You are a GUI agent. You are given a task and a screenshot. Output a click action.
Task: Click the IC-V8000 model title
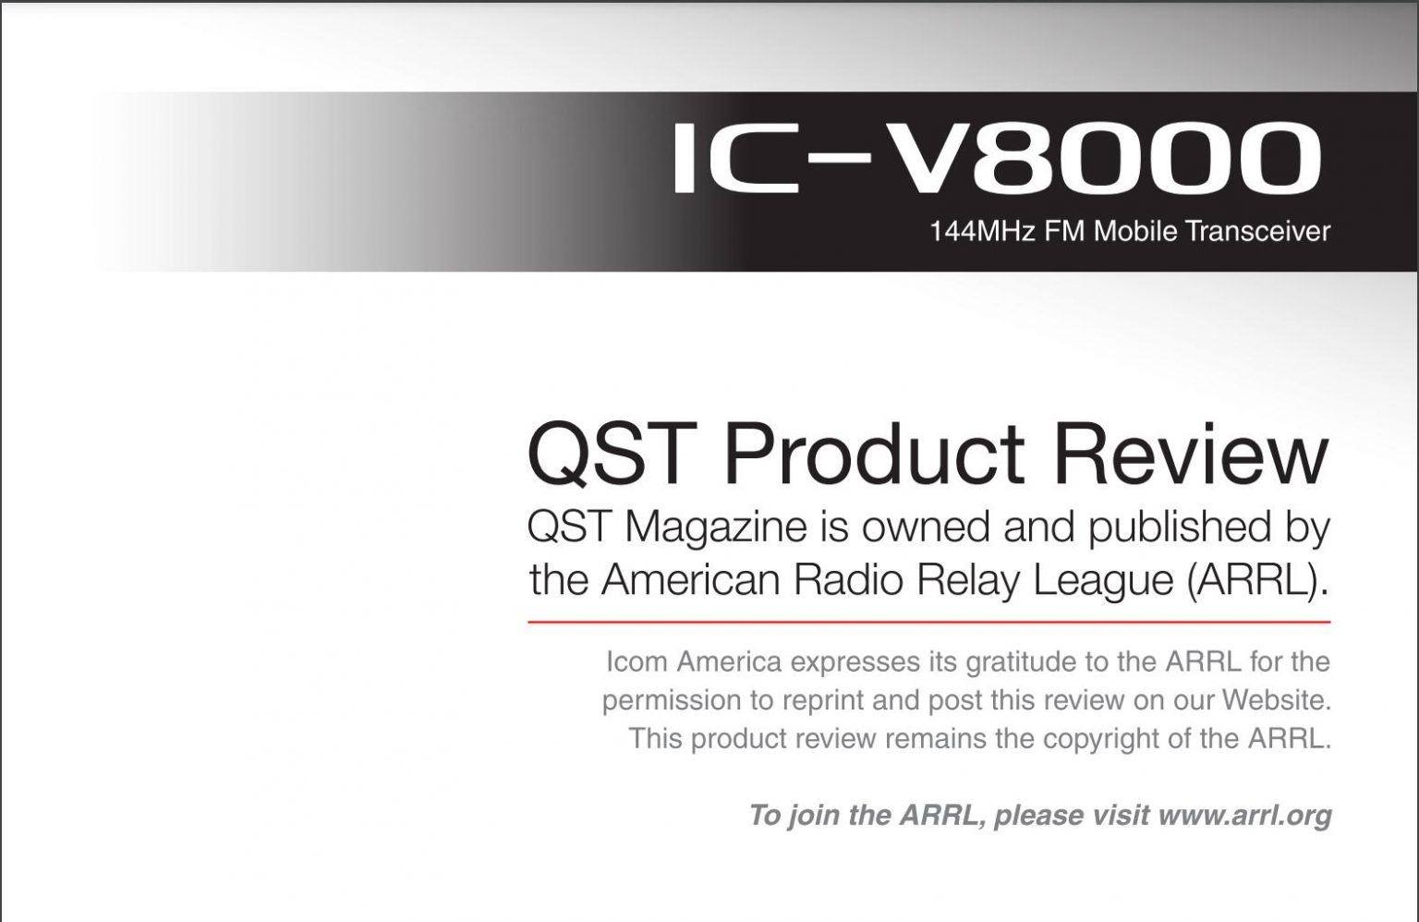coord(997,158)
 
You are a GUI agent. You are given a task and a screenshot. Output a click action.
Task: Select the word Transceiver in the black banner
coord(1257,231)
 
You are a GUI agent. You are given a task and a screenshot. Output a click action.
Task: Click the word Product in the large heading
coord(874,454)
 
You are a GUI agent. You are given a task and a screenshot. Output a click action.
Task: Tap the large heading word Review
coord(1190,454)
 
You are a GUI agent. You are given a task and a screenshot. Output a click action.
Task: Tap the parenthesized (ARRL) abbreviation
coord(1254,581)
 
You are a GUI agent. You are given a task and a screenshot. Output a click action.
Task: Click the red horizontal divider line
coord(928,623)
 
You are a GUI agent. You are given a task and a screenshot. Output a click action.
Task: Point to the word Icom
coord(637,662)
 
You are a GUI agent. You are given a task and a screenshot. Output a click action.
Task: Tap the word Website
coord(1277,700)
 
